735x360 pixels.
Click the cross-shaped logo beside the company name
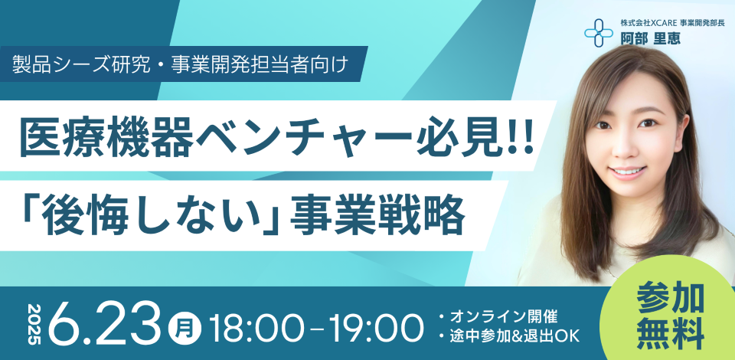pos(598,33)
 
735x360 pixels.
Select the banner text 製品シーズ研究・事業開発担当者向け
pos(181,64)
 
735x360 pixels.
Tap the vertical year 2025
pos(35,324)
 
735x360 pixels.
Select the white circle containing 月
pos(185,324)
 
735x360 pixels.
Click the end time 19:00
pos(376,324)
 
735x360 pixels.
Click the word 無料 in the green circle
pos(671,333)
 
